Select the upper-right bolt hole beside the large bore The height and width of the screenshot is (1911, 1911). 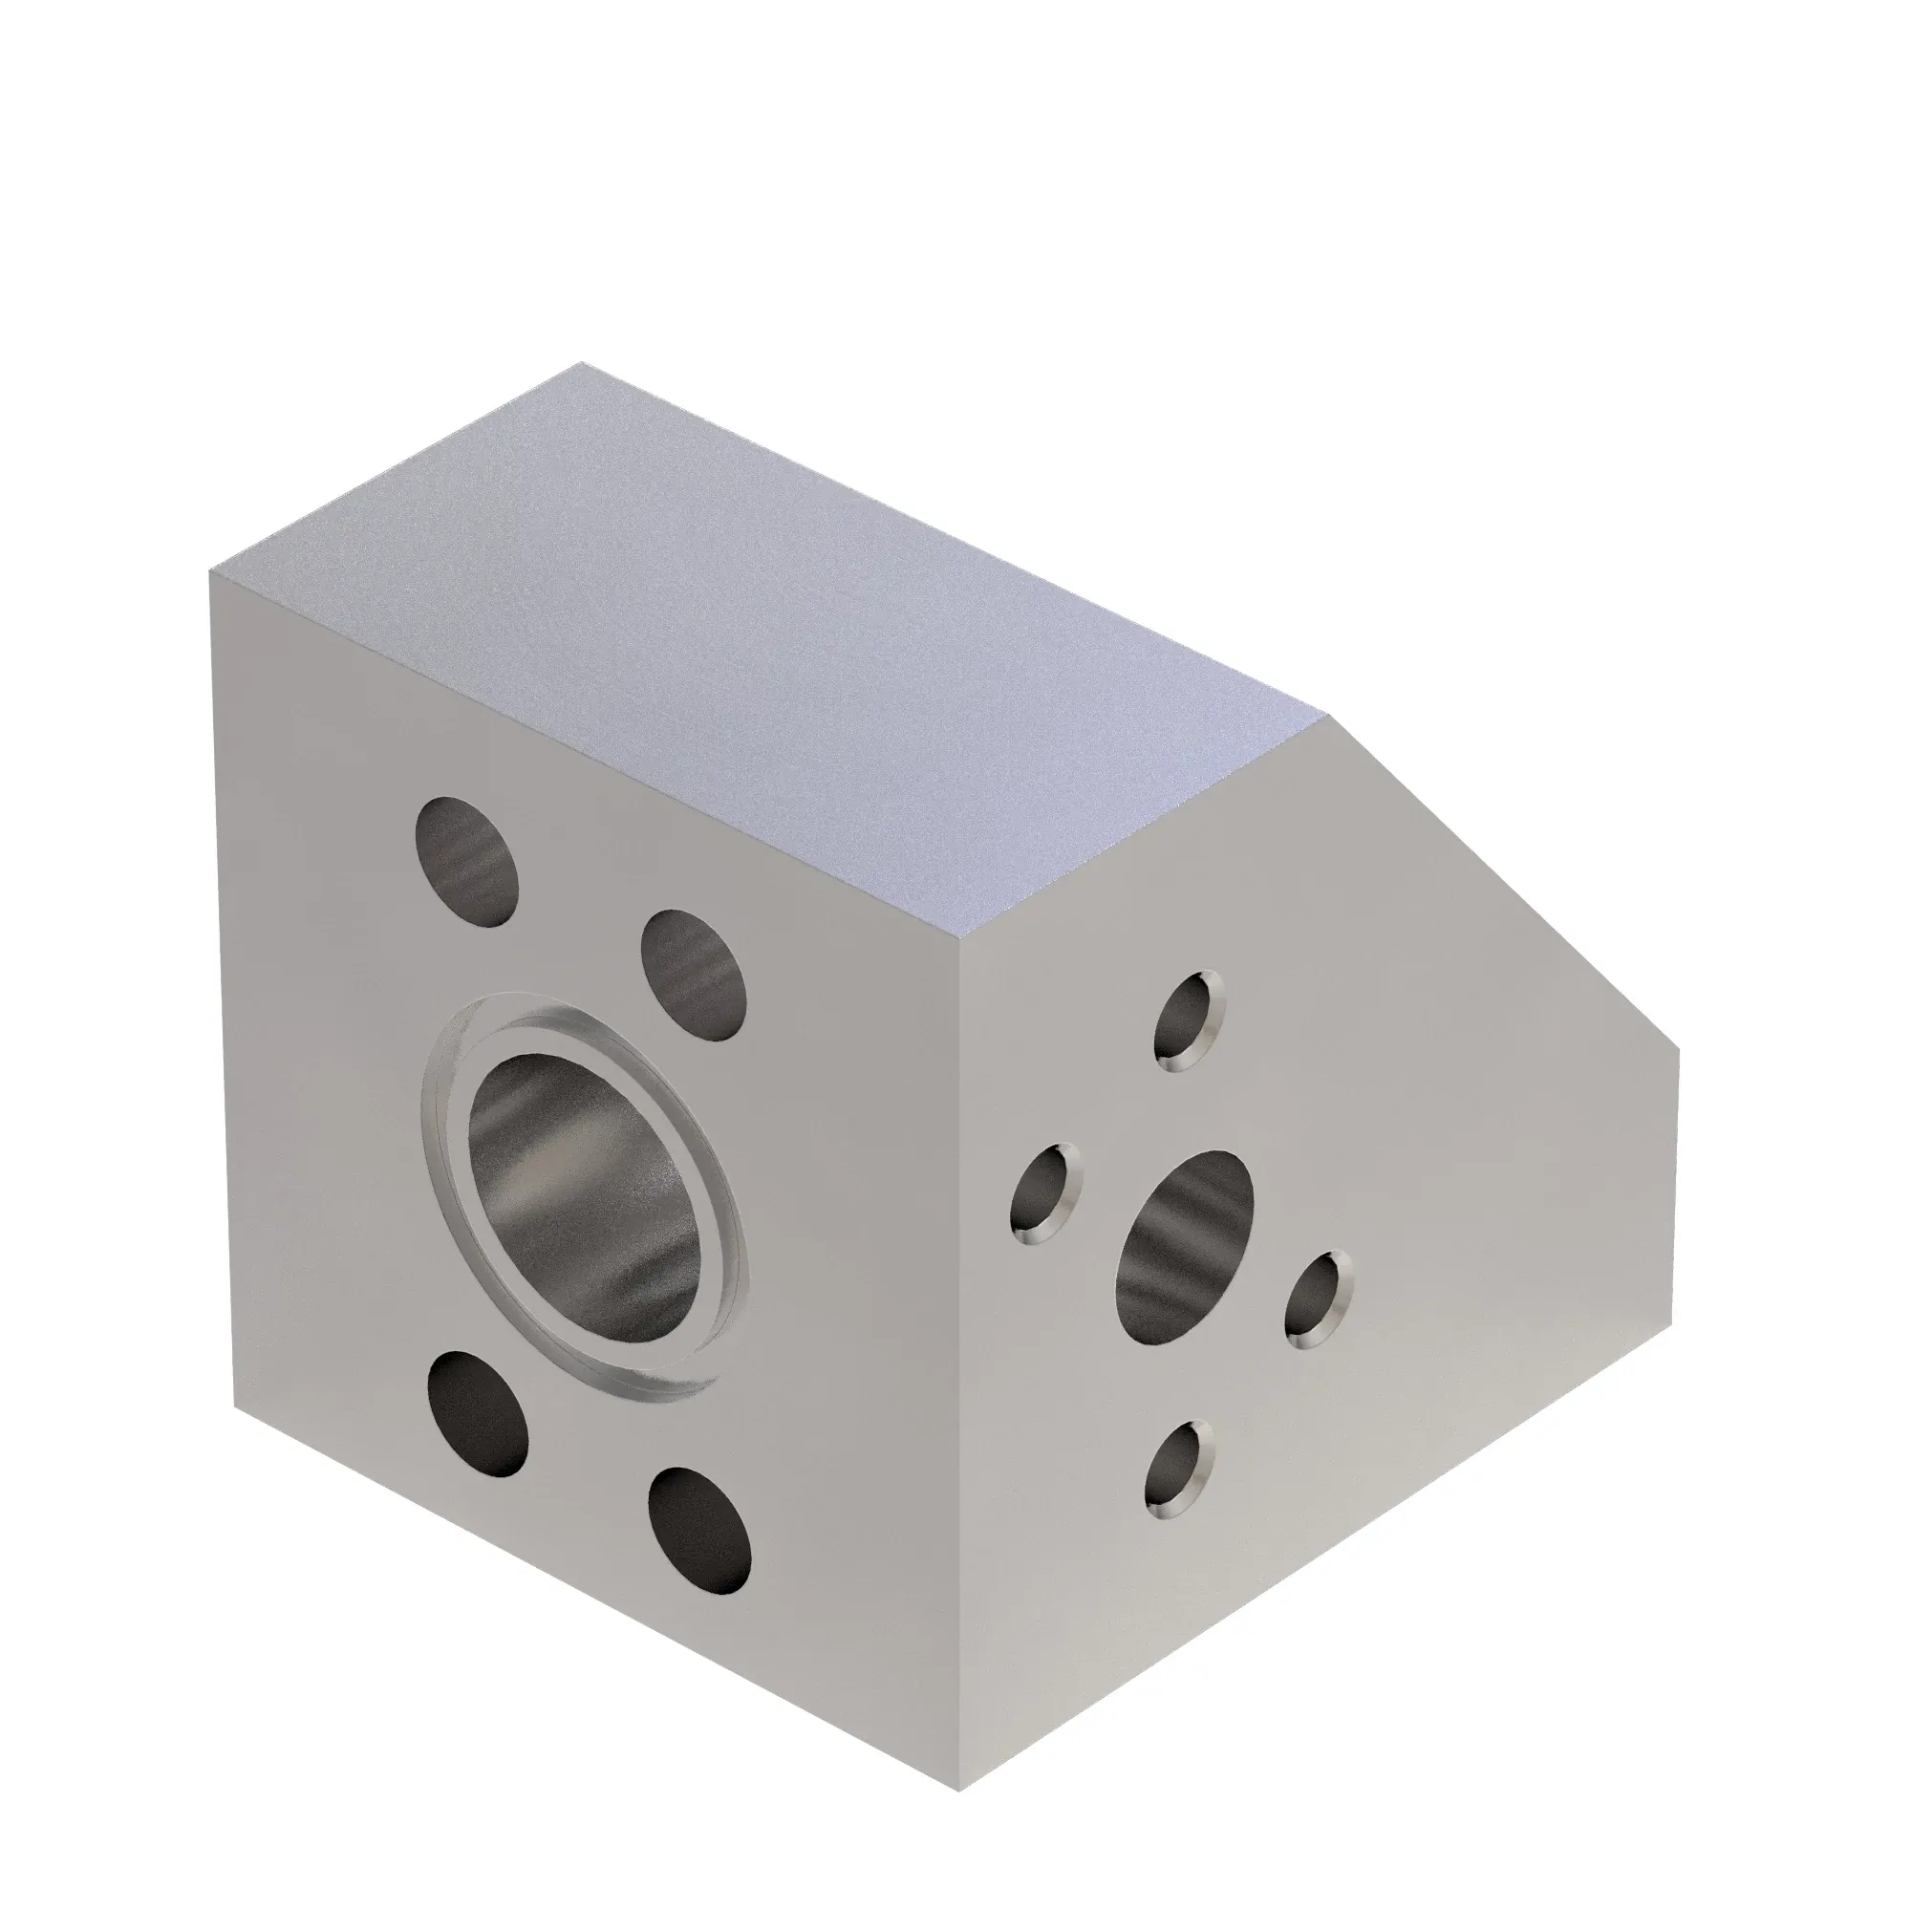pos(693,974)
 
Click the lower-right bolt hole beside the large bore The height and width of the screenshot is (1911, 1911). pos(699,1529)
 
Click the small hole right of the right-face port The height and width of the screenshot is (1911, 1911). pos(1319,1299)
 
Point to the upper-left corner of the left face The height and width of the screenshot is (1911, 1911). pos(210,571)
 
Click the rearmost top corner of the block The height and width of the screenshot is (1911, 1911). pos(582,363)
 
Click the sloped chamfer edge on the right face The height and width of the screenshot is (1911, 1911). pos(1503,880)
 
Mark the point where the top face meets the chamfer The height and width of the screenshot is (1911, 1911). pos(1328,715)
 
